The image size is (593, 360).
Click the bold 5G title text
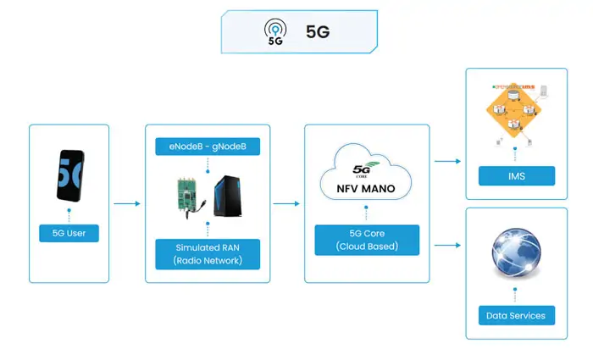coord(318,32)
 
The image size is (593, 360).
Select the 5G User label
coord(69,232)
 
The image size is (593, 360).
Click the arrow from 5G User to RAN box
coord(126,203)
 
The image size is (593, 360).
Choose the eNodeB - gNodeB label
coord(208,147)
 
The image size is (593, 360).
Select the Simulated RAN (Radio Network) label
coord(208,252)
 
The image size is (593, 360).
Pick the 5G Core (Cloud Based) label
coord(366,239)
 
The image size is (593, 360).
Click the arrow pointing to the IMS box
coord(446,160)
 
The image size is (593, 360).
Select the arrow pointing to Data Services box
coord(446,246)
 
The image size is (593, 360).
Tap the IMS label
coord(516,176)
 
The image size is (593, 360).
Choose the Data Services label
coord(516,315)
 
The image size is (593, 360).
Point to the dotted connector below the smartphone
coord(69,213)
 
